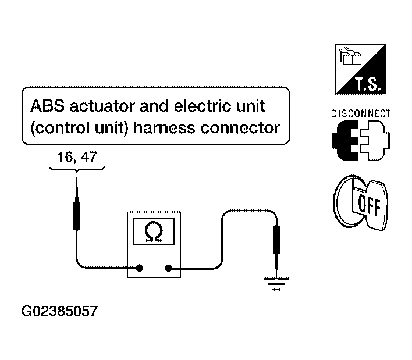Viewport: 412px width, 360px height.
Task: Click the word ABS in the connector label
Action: (x=47, y=106)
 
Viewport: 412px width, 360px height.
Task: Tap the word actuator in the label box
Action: (x=102, y=106)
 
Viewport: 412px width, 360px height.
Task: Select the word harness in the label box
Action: (x=165, y=128)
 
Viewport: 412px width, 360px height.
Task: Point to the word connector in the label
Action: (x=240, y=129)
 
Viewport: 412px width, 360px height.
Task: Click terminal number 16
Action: (x=65, y=157)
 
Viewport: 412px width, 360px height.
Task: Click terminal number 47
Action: (x=89, y=157)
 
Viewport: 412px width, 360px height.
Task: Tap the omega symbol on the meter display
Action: (x=154, y=231)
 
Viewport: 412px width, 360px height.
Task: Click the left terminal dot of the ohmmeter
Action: (x=139, y=268)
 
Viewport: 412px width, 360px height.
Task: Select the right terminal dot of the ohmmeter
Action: (x=168, y=268)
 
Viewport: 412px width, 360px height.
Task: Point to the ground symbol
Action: (x=276, y=284)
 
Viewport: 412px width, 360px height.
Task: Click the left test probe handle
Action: (x=77, y=216)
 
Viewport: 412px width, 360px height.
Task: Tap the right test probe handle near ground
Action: (x=276, y=240)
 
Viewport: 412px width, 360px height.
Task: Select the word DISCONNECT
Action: (x=361, y=113)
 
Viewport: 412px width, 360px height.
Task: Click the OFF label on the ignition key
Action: (x=369, y=205)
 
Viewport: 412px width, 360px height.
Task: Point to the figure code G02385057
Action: (x=59, y=311)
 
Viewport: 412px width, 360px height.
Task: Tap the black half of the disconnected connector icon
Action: (x=345, y=141)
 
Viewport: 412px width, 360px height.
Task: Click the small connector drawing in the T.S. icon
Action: (x=350, y=56)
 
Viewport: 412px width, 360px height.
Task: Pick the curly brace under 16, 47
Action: (x=77, y=169)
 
